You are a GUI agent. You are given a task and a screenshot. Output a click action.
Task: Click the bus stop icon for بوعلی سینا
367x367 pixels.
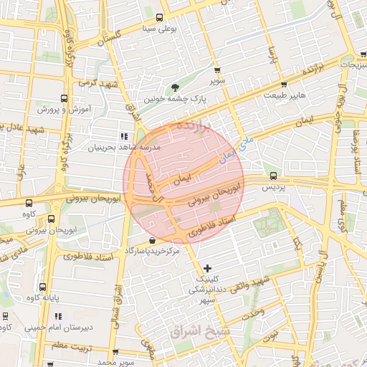[x=159, y=18]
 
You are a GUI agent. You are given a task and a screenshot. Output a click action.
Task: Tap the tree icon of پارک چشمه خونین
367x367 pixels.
[x=176, y=88]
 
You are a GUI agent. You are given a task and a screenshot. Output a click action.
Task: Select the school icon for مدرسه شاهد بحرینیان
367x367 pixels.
[x=123, y=135]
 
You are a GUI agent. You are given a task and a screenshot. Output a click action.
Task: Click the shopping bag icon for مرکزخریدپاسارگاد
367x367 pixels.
[x=151, y=241]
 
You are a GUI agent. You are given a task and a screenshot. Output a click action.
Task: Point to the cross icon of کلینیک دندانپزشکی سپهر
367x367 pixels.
[x=208, y=268]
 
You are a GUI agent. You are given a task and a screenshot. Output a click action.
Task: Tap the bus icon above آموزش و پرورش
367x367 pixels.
[x=65, y=99]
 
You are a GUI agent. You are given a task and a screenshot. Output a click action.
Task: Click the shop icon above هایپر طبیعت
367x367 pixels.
[x=273, y=82]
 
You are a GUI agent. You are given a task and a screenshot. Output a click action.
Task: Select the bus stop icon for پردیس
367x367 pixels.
[x=272, y=176]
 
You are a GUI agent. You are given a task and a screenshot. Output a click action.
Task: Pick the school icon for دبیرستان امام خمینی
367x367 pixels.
[x=58, y=316]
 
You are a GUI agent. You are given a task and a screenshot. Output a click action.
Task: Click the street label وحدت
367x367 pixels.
[x=253, y=313]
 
